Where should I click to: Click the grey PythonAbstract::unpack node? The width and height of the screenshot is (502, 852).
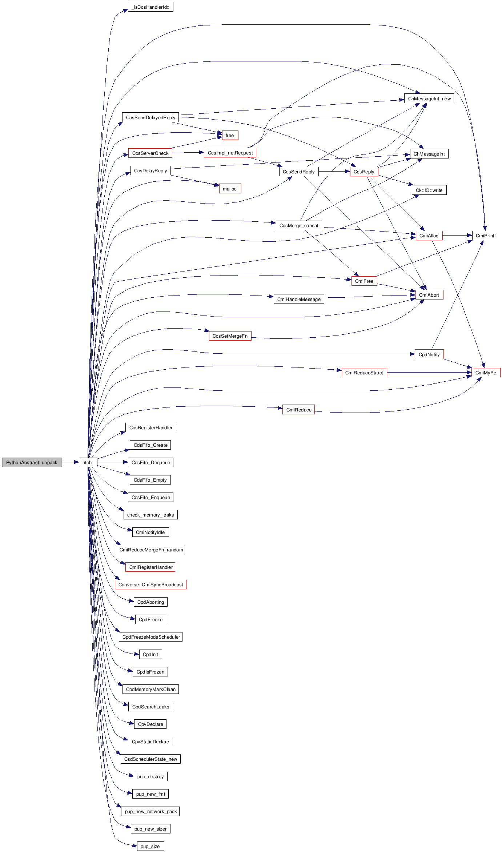[32, 462]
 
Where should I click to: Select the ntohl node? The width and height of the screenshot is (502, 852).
[88, 462]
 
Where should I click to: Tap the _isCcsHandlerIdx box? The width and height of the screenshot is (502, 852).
[150, 7]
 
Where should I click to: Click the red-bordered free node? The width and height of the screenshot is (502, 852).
[230, 135]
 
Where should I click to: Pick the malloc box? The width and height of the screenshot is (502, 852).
[230, 189]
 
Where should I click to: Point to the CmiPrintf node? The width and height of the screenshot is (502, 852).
[486, 236]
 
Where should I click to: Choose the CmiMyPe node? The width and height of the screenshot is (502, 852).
[486, 373]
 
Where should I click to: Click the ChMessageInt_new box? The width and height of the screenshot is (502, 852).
[429, 99]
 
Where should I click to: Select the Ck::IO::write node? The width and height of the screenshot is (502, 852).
[429, 190]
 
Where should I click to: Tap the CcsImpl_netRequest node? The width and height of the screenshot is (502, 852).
[230, 153]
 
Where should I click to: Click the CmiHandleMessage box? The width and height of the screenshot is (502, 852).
[299, 299]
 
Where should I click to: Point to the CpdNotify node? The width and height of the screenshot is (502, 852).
[429, 354]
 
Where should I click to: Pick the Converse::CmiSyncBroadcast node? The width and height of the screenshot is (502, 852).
[150, 584]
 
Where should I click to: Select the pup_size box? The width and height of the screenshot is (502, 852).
[150, 846]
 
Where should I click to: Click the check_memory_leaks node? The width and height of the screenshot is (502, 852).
[150, 515]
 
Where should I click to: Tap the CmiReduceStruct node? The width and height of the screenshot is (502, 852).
[364, 373]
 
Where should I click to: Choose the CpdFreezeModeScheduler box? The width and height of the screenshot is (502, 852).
[151, 637]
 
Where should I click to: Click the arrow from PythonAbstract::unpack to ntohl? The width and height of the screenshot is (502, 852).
[70, 462]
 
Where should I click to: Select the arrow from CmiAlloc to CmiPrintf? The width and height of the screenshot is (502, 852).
[457, 236]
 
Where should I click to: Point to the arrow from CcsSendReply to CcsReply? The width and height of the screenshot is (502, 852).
[334, 171]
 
